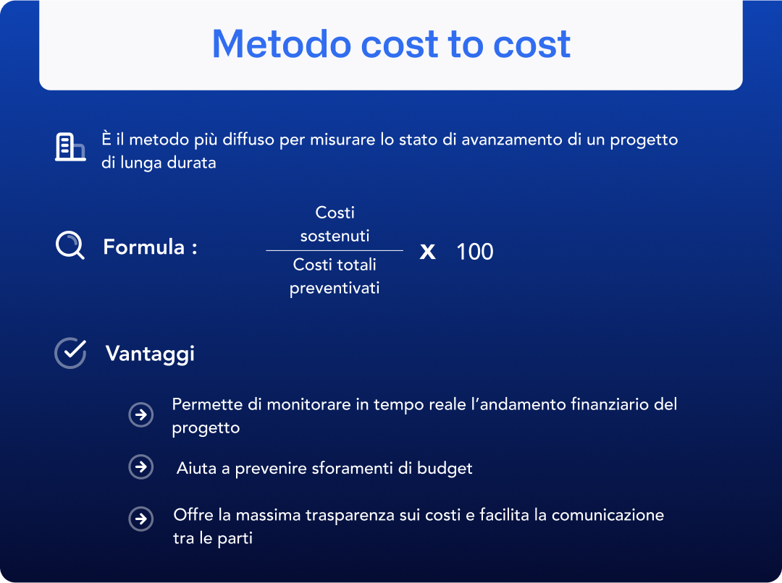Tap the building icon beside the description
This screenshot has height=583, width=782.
click(x=70, y=148)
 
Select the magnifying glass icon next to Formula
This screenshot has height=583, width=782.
click(x=70, y=246)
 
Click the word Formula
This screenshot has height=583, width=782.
click(x=144, y=247)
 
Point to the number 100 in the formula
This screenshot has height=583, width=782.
click(x=475, y=252)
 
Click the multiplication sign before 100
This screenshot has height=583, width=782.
click(x=428, y=252)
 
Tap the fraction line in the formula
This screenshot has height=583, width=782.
click(x=335, y=250)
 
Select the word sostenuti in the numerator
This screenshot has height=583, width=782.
click(x=335, y=236)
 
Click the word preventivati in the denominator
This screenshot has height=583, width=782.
click(x=335, y=288)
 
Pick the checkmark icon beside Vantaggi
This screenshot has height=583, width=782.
click(x=70, y=353)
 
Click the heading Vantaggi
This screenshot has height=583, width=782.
click(x=150, y=354)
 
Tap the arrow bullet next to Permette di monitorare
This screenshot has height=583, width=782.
click(x=141, y=415)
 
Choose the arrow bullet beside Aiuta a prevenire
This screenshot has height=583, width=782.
click(x=141, y=467)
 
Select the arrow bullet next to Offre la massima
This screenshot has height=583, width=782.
click(x=141, y=519)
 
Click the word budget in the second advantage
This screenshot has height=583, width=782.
click(x=445, y=468)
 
